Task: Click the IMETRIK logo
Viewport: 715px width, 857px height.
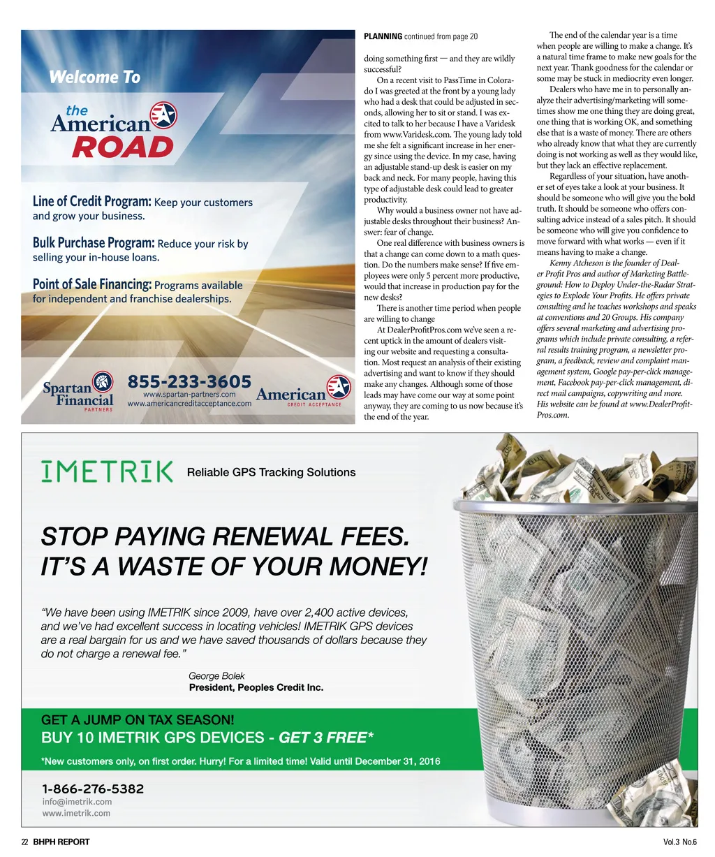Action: (107, 471)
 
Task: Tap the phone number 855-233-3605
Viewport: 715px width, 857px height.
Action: (189, 381)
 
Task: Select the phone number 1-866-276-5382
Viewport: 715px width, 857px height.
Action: (93, 789)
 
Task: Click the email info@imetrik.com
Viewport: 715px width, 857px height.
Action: (77, 802)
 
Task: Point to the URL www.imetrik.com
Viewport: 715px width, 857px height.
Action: (76, 813)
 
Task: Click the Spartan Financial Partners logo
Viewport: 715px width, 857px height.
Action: (78, 392)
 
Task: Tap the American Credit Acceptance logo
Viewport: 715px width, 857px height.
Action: (303, 392)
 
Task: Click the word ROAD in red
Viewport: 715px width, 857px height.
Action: (123, 147)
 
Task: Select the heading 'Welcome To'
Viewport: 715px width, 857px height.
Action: (95, 77)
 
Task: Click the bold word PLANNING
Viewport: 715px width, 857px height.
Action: (383, 36)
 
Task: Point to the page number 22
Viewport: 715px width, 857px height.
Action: (24, 842)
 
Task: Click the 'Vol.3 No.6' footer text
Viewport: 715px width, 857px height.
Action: (679, 842)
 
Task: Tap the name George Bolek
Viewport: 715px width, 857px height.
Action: (216, 676)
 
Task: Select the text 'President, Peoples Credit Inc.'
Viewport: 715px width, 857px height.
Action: (256, 688)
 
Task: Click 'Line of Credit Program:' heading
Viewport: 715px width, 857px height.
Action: (92, 202)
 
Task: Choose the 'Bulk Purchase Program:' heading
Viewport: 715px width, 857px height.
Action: (94, 243)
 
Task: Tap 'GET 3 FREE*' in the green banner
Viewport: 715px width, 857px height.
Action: (325, 738)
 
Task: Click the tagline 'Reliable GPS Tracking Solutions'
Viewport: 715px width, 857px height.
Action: (271, 472)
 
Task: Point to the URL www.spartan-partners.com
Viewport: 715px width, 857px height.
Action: (189, 394)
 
